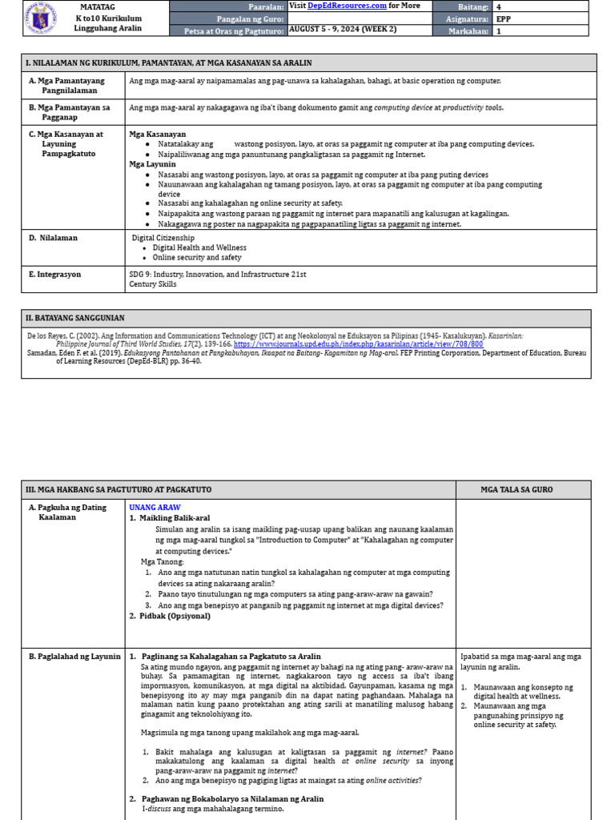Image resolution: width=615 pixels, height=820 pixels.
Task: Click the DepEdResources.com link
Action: click(x=342, y=6)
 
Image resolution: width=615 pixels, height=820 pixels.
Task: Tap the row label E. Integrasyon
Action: click(x=56, y=275)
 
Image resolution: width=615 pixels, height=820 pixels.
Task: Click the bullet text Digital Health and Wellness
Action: click(x=199, y=248)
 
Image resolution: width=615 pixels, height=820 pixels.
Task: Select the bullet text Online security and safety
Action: click(x=196, y=258)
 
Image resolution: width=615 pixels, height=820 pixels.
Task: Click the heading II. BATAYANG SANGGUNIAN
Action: click(x=74, y=318)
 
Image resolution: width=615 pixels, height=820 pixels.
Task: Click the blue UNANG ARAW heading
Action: click(x=155, y=508)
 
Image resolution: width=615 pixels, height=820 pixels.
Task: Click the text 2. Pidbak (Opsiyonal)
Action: click(x=170, y=616)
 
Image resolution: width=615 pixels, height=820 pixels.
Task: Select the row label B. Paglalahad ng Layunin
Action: click(x=74, y=657)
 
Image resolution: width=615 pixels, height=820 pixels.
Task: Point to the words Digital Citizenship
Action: click(x=163, y=238)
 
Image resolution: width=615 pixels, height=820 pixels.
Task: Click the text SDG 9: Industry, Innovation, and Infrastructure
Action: click(x=217, y=275)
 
